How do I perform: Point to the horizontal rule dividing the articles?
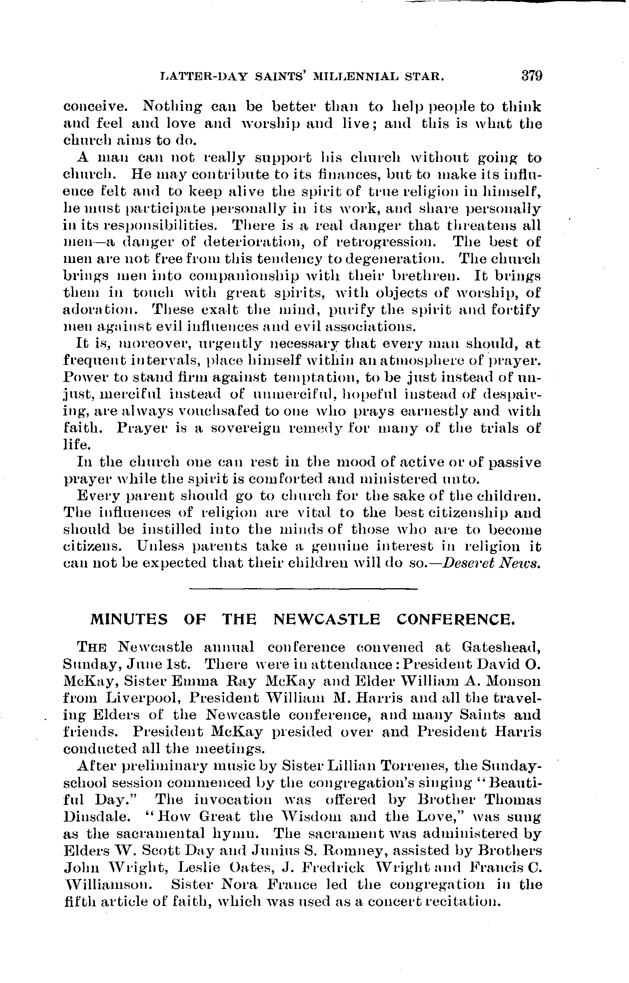click(x=304, y=589)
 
